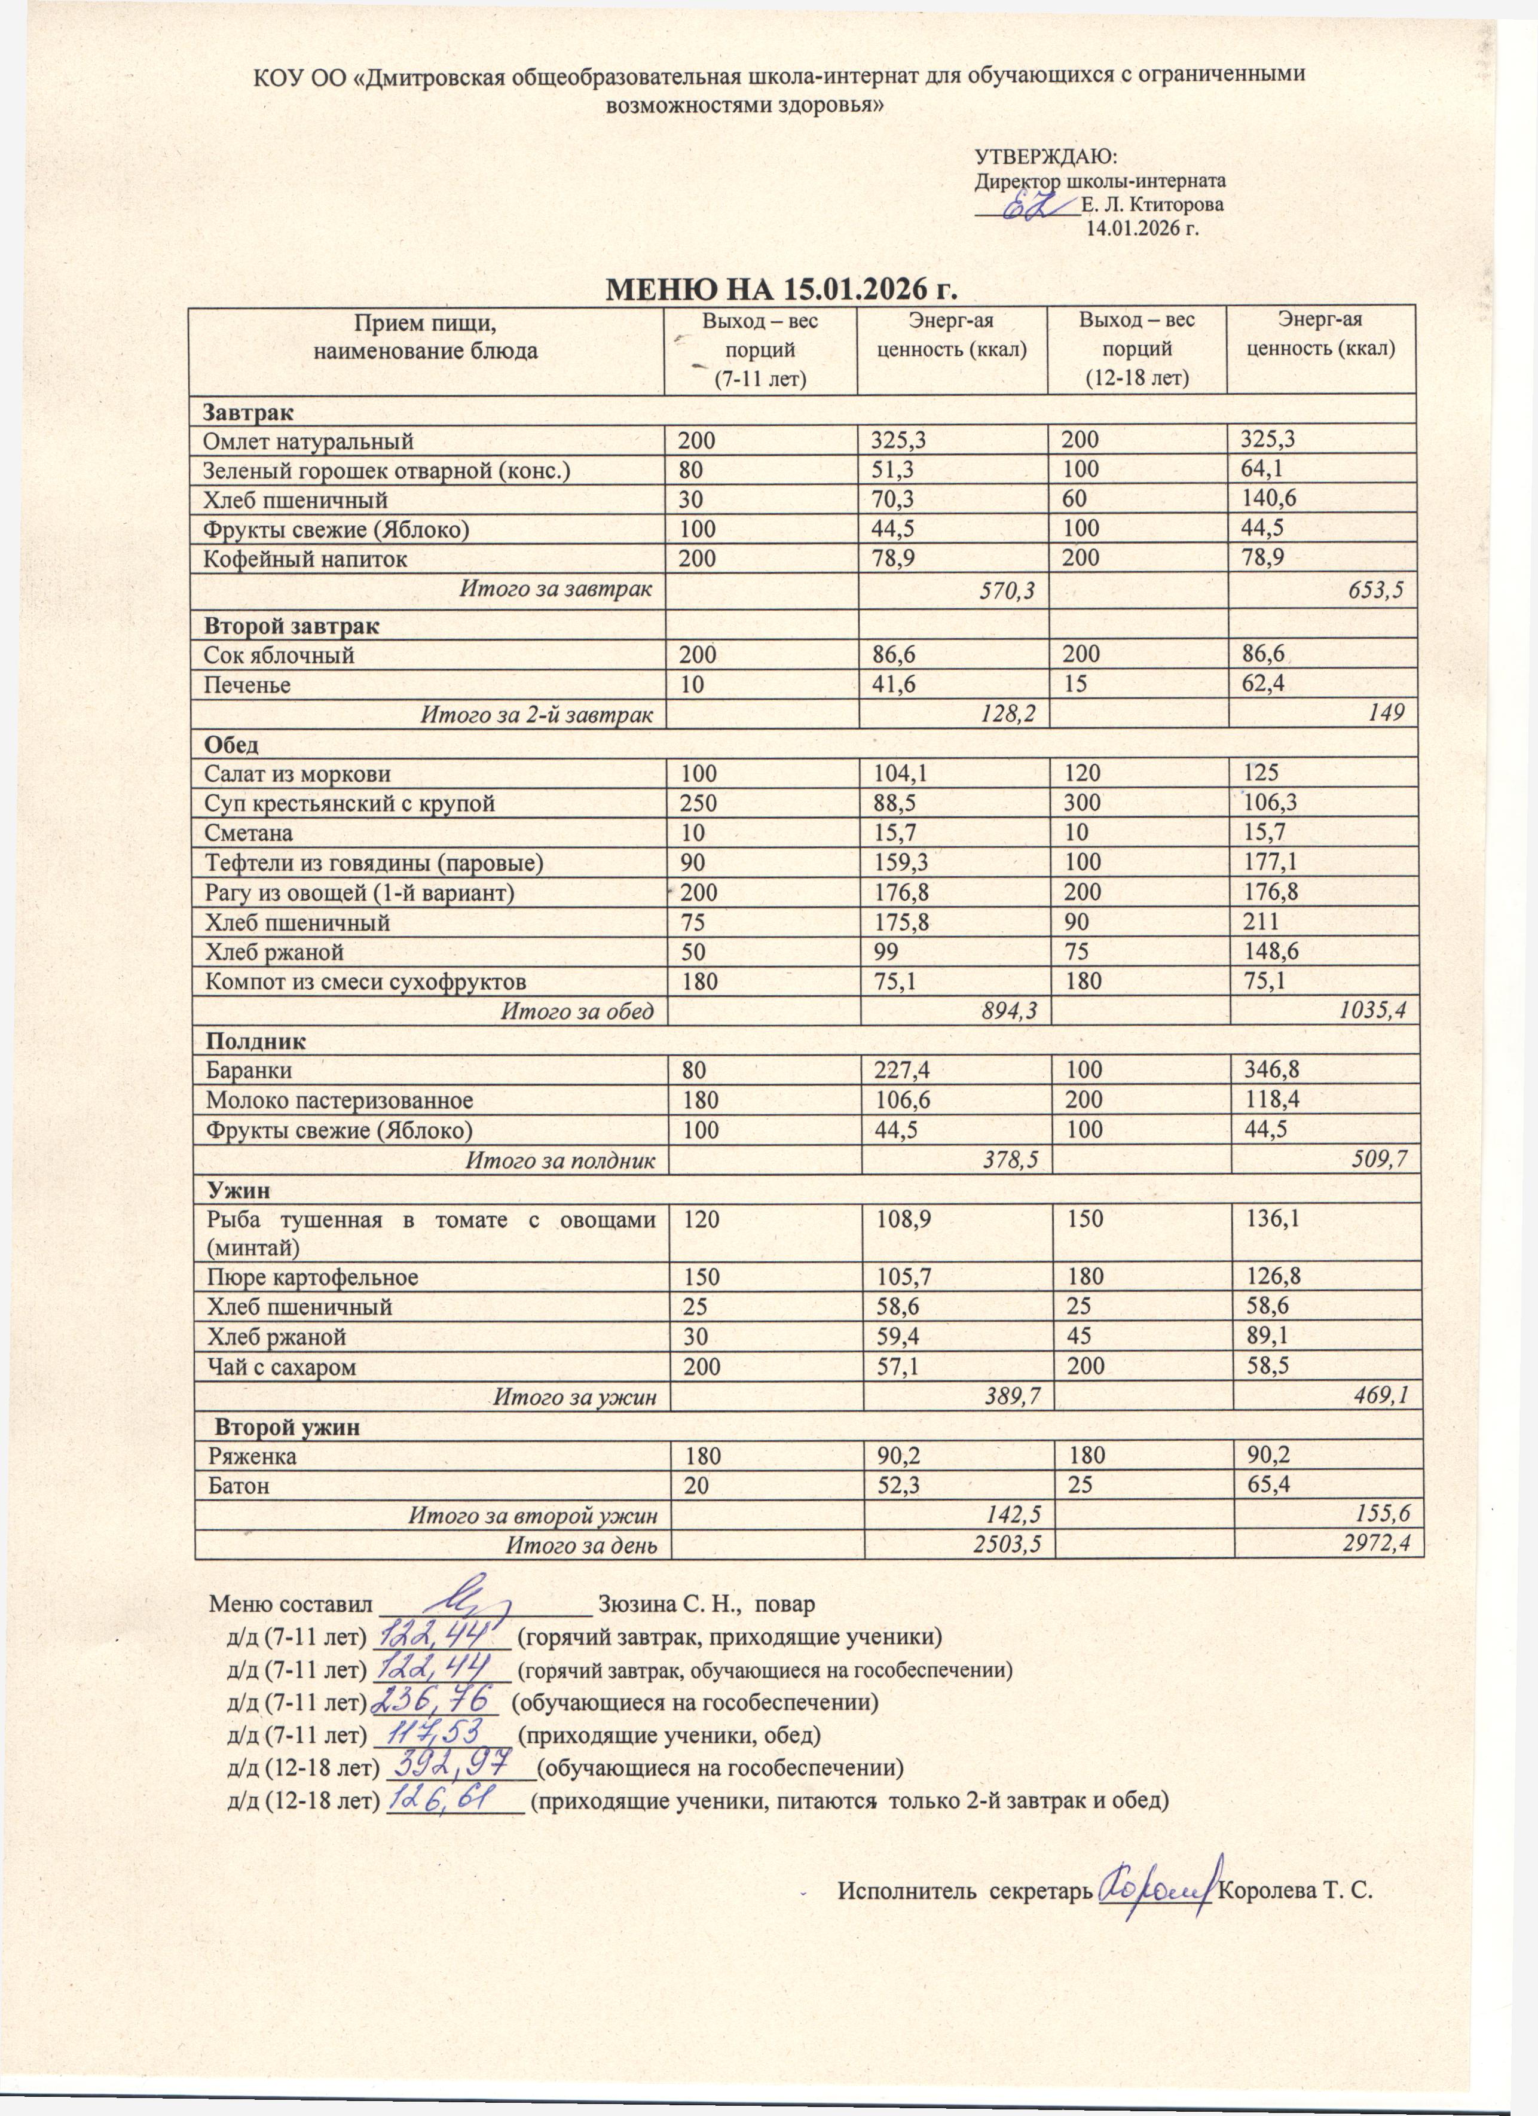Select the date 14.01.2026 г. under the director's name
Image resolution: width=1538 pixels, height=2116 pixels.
[1140, 228]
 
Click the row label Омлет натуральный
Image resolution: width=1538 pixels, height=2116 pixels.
[308, 440]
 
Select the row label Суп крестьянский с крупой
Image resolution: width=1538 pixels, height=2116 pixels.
[350, 803]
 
